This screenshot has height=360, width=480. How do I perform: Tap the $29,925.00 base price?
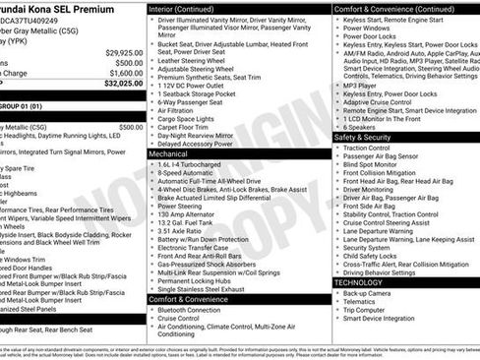coord(124,51)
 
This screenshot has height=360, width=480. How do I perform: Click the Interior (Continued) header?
coord(189,8)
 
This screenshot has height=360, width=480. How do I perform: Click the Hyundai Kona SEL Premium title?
coord(59,8)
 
